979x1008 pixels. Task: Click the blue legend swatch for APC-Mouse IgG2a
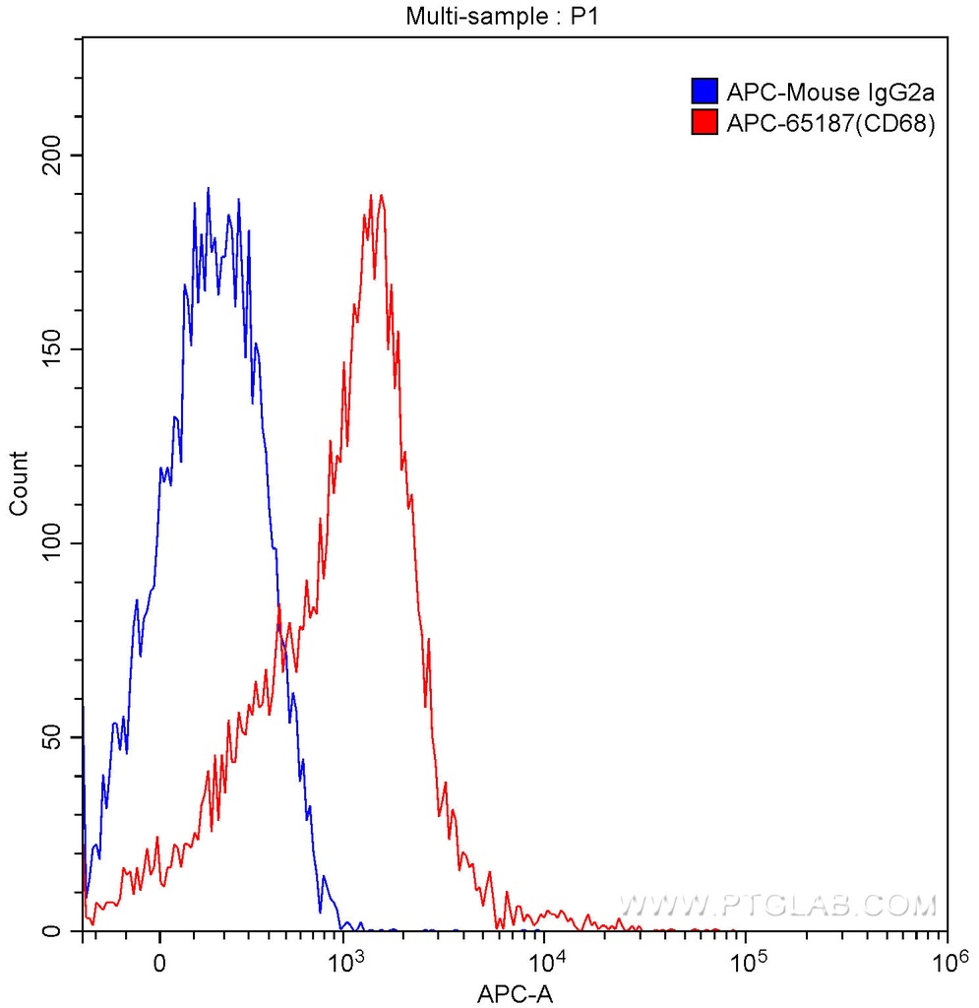point(704,93)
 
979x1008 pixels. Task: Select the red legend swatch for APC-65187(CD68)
point(704,122)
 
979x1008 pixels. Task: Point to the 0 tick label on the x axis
point(159,961)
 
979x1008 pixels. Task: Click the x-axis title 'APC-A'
point(515,994)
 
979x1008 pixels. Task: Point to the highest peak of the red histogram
point(374,195)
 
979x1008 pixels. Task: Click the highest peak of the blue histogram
point(209,188)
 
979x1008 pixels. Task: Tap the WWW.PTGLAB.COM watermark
point(777,904)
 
